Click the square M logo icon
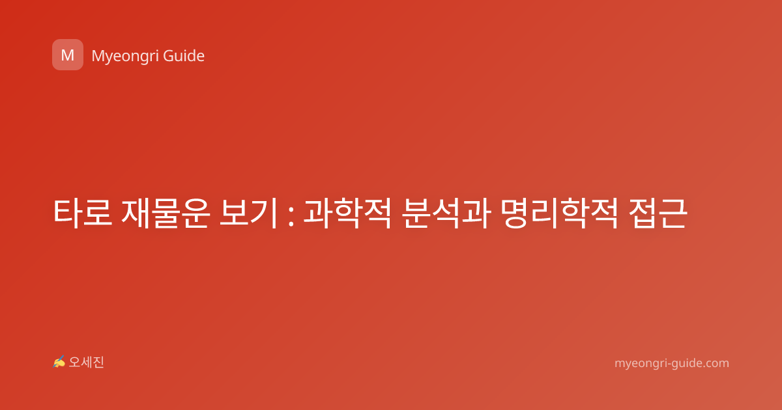coord(68,55)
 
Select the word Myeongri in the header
coord(124,57)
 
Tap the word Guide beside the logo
coord(184,56)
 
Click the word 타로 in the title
coord(83,213)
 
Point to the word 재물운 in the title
coord(166,213)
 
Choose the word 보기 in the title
coord(249,213)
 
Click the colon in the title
coord(291,214)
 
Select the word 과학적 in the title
coord(347,213)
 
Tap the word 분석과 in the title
coord(446,213)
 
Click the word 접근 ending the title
coord(658,213)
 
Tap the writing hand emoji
coord(59,362)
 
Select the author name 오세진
coord(86,362)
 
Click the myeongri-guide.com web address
coord(672,363)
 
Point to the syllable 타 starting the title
coord(68,213)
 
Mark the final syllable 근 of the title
coord(673,213)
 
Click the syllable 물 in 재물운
coord(166,214)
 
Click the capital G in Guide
coord(169,56)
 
